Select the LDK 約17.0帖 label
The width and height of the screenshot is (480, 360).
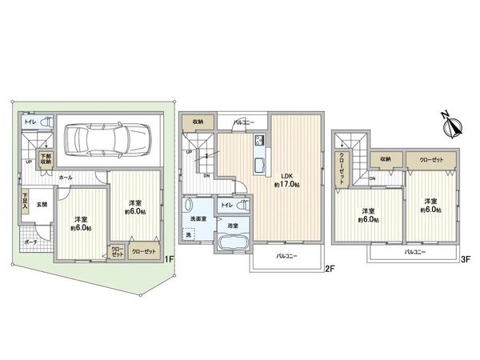pyautogui.click(x=287, y=180)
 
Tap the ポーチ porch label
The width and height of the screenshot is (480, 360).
pyautogui.click(x=30, y=241)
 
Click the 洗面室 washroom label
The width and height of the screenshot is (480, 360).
pyautogui.click(x=199, y=218)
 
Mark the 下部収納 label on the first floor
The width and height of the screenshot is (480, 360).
pyautogui.click(x=46, y=158)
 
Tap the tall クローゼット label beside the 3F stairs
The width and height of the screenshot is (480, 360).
pyautogui.click(x=342, y=168)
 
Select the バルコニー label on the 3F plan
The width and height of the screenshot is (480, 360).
pyautogui.click(x=414, y=251)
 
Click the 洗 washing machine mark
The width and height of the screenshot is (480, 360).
pyautogui.click(x=190, y=234)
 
